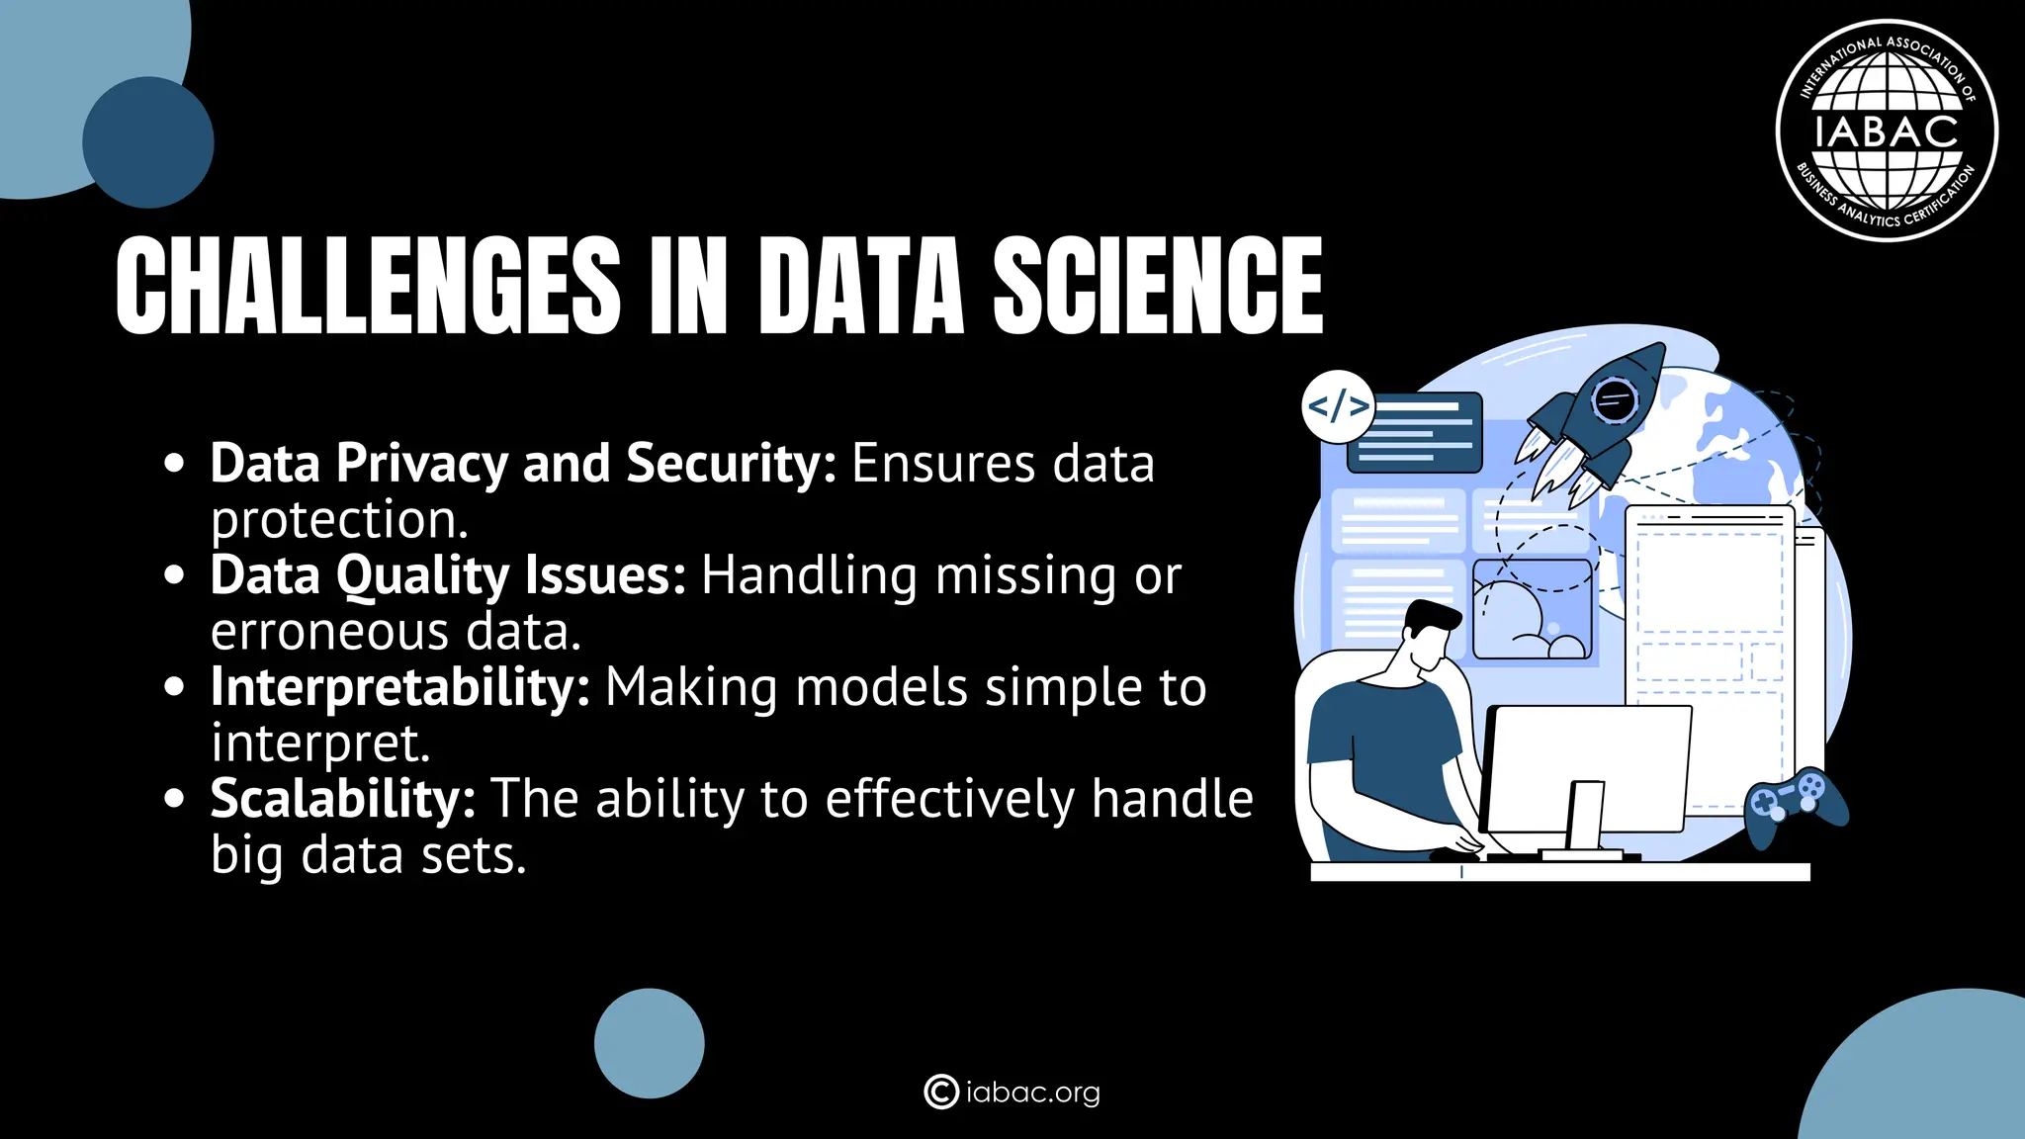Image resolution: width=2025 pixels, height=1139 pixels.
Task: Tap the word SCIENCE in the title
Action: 1157,286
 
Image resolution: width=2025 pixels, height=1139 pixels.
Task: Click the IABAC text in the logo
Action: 1887,131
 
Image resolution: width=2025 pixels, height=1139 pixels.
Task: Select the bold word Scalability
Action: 342,799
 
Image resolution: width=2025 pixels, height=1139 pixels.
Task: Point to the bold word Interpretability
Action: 399,687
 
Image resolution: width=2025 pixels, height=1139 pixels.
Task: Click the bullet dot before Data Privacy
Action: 175,463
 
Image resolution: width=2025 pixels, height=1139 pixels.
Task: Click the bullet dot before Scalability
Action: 175,798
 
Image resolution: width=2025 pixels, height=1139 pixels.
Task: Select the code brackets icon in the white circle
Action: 1338,406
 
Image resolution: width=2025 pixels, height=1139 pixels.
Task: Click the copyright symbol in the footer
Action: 940,1092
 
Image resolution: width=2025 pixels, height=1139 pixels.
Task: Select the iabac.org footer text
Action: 1032,1093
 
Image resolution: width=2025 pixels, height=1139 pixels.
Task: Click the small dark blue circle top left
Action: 148,142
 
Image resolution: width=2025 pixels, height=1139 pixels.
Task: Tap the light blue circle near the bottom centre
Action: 649,1043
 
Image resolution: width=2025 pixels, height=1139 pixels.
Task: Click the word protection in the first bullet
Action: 338,520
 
